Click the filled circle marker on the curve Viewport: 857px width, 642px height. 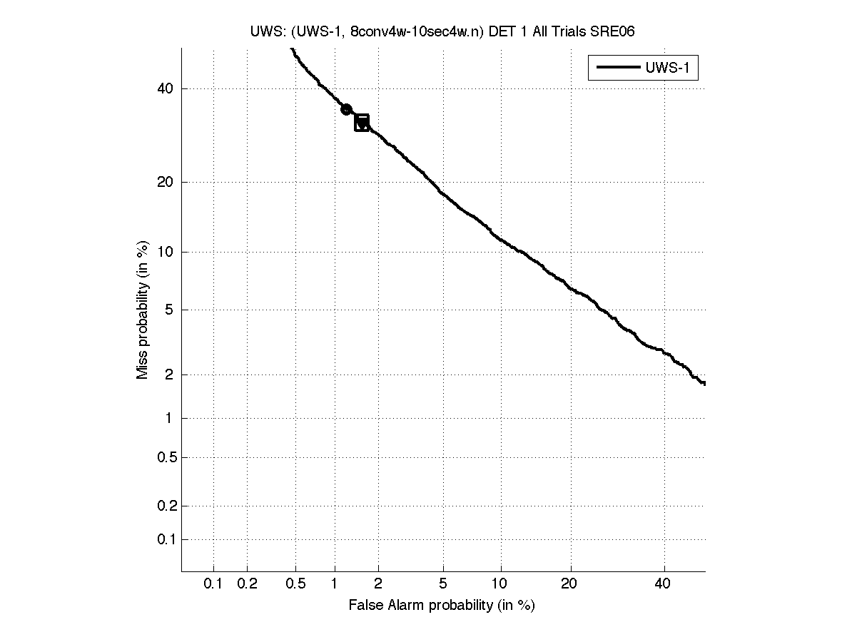(x=346, y=109)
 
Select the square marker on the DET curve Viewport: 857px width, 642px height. (x=362, y=123)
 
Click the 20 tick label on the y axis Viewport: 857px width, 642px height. (x=165, y=182)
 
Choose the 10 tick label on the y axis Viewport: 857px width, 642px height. (x=165, y=252)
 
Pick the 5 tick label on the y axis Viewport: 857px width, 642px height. (x=169, y=310)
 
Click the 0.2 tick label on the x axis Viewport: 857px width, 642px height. (x=247, y=584)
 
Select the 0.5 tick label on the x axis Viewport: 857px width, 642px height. (x=295, y=584)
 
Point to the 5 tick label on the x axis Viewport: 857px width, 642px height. (x=443, y=584)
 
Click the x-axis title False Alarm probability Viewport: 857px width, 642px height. (x=441, y=606)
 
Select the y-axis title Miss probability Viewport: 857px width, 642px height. (x=143, y=310)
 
